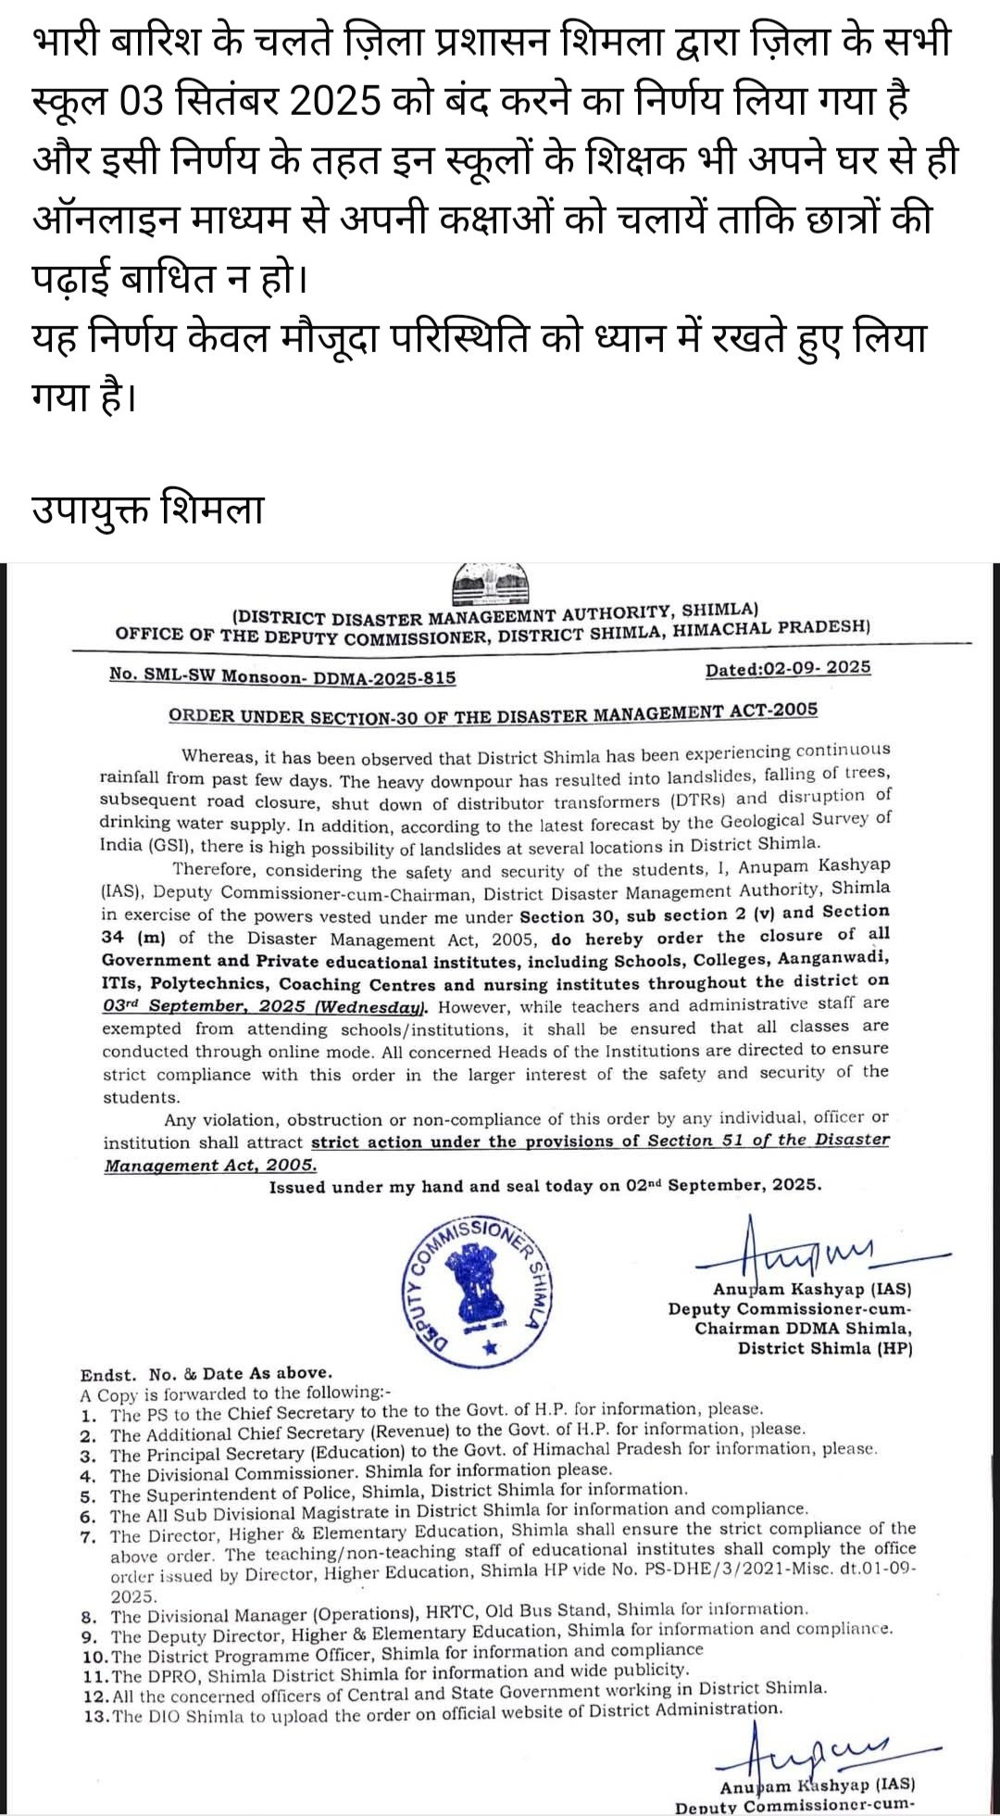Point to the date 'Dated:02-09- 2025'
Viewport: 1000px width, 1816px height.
[787, 669]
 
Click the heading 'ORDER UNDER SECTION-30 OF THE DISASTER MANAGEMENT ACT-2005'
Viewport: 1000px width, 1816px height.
[493, 713]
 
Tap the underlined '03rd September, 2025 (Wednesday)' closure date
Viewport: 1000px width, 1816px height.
[265, 1006]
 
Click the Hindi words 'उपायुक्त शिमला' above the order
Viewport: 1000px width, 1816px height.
[148, 511]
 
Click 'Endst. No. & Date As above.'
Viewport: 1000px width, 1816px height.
[206, 1373]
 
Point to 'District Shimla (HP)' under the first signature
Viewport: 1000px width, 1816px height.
[824, 1348]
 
